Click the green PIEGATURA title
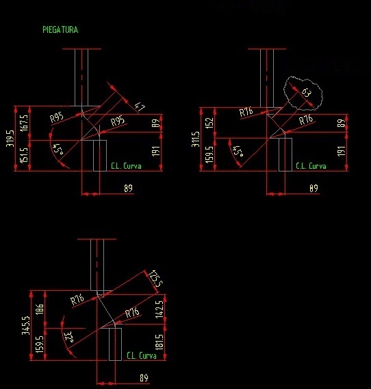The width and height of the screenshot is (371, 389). tap(60, 30)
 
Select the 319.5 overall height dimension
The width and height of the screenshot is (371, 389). tap(10, 139)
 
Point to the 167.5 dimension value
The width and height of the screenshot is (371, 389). tap(25, 123)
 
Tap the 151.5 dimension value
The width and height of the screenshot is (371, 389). tap(25, 156)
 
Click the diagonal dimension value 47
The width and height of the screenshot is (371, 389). tap(140, 107)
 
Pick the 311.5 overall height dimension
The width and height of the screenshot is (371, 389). tap(196, 139)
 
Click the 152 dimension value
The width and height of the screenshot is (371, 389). tap(209, 123)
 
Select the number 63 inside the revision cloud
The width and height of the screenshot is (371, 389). tap(307, 93)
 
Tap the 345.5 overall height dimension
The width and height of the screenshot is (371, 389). tap(26, 325)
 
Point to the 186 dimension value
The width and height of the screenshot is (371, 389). tap(40, 309)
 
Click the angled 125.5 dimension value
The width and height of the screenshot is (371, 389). tap(156, 279)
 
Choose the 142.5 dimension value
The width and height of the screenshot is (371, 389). tap(159, 309)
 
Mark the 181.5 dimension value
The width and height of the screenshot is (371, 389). tap(159, 342)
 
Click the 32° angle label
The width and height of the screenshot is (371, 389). tap(68, 337)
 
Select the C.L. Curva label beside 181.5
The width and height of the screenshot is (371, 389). tap(142, 356)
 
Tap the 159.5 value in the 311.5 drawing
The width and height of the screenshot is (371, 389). tap(209, 154)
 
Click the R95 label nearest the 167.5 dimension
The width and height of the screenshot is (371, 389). tap(57, 117)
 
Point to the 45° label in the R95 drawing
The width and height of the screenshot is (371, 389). tap(58, 149)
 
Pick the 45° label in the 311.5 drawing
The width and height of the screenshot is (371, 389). tap(238, 151)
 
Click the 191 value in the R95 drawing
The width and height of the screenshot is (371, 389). tap(155, 151)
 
